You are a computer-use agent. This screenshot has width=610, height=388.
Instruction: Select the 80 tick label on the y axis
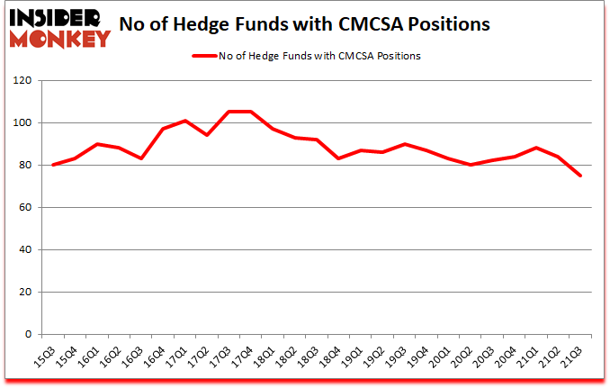pyautogui.click(x=24, y=166)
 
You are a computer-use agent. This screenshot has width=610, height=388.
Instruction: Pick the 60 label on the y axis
pyautogui.click(x=24, y=208)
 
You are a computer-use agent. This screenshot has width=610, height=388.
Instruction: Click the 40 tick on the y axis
pyautogui.click(x=24, y=250)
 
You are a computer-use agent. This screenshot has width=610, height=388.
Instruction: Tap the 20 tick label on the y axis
pyautogui.click(x=24, y=293)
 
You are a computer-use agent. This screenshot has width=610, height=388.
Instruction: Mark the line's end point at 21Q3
pyautogui.click(x=579, y=176)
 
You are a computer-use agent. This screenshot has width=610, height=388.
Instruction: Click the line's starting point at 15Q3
pyautogui.click(x=55, y=165)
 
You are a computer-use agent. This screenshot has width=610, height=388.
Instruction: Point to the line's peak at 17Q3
pyautogui.click(x=229, y=112)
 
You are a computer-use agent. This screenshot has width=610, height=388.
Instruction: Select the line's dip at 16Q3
pyautogui.click(x=142, y=158)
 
